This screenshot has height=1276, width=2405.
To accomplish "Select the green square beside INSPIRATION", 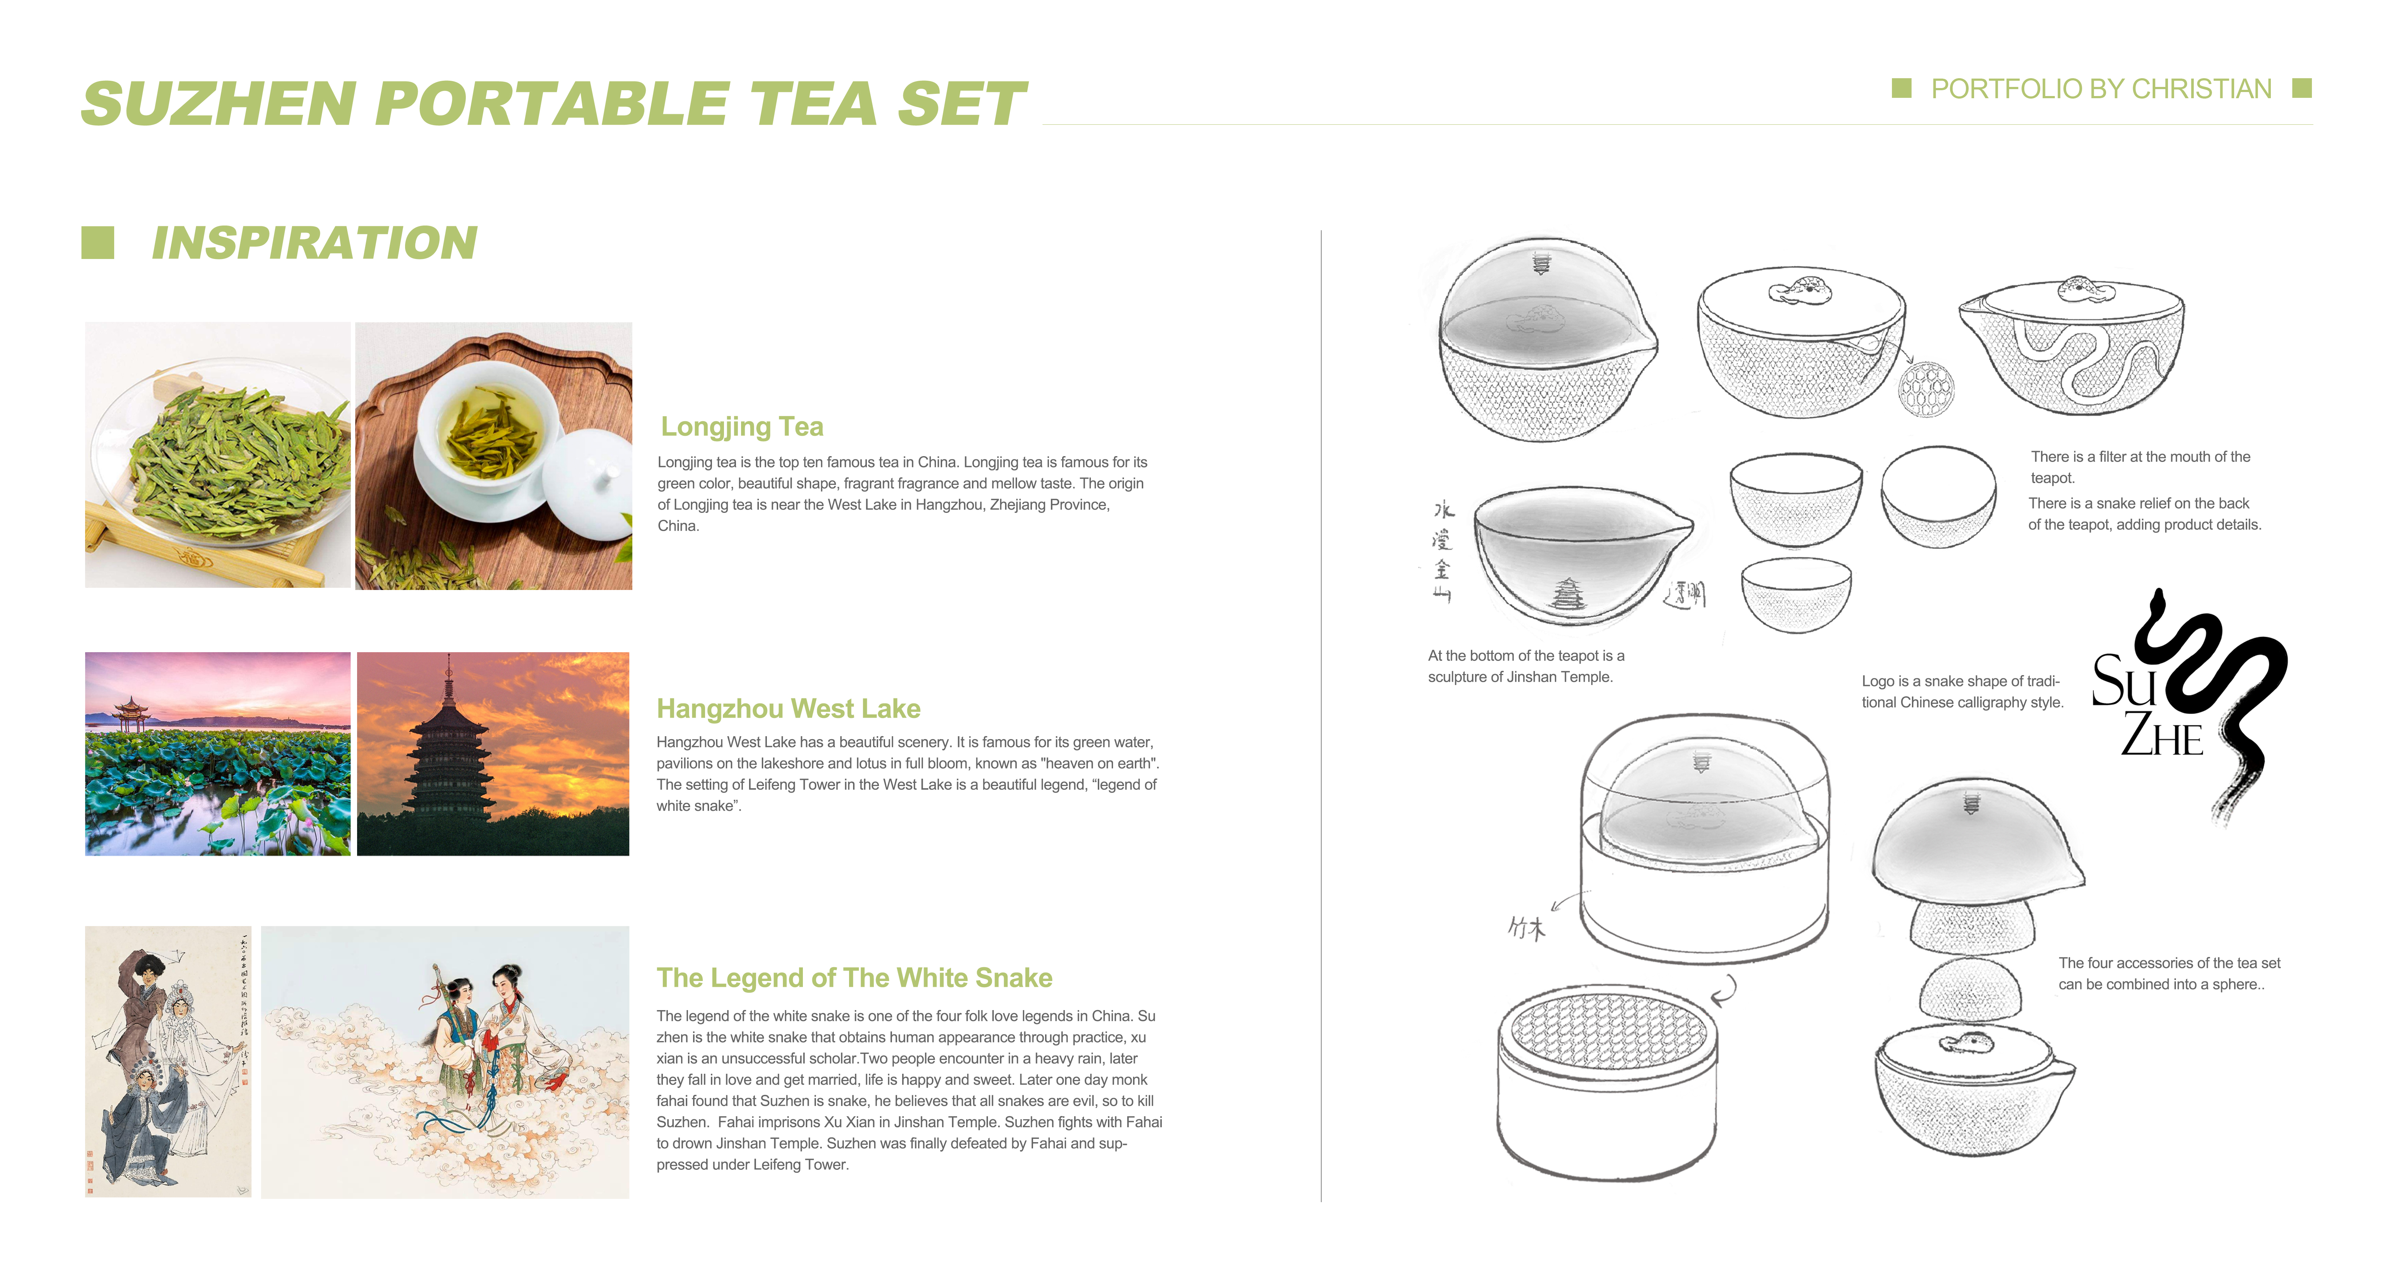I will pos(98,243).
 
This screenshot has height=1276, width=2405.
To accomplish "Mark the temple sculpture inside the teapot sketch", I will pos(1568,593).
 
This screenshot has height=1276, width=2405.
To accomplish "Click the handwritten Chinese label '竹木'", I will pos(1526,928).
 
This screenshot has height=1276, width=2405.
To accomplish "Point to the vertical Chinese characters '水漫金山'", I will pos(1442,551).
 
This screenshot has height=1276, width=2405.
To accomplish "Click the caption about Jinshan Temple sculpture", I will pos(1525,666).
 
